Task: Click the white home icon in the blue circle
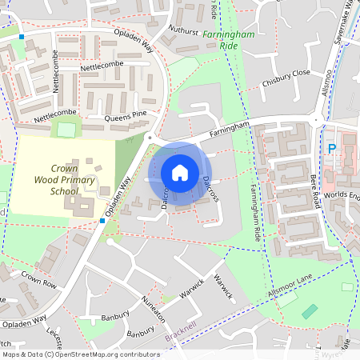(x=180, y=172)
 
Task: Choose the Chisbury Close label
(x=290, y=73)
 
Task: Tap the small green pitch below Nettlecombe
(x=66, y=129)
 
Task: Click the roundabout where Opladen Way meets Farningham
(x=149, y=138)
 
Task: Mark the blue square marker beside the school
(x=102, y=220)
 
